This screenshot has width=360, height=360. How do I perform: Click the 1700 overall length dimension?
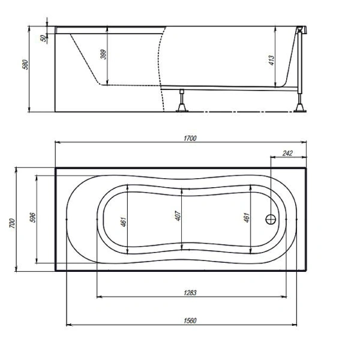pos(190,138)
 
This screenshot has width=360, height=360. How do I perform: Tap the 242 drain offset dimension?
pos(287,153)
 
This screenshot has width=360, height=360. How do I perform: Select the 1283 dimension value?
pos(190,293)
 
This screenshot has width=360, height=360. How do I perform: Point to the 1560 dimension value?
pos(190,320)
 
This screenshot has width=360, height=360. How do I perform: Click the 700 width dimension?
pos(13,223)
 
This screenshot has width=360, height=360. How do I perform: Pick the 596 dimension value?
pos(33,217)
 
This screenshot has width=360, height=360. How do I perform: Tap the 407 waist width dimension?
pos(178,216)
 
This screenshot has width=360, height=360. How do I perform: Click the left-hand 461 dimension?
pos(124,222)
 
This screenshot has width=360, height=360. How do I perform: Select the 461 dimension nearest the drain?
pos(247,217)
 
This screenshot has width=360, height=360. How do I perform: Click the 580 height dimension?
pos(25,65)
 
